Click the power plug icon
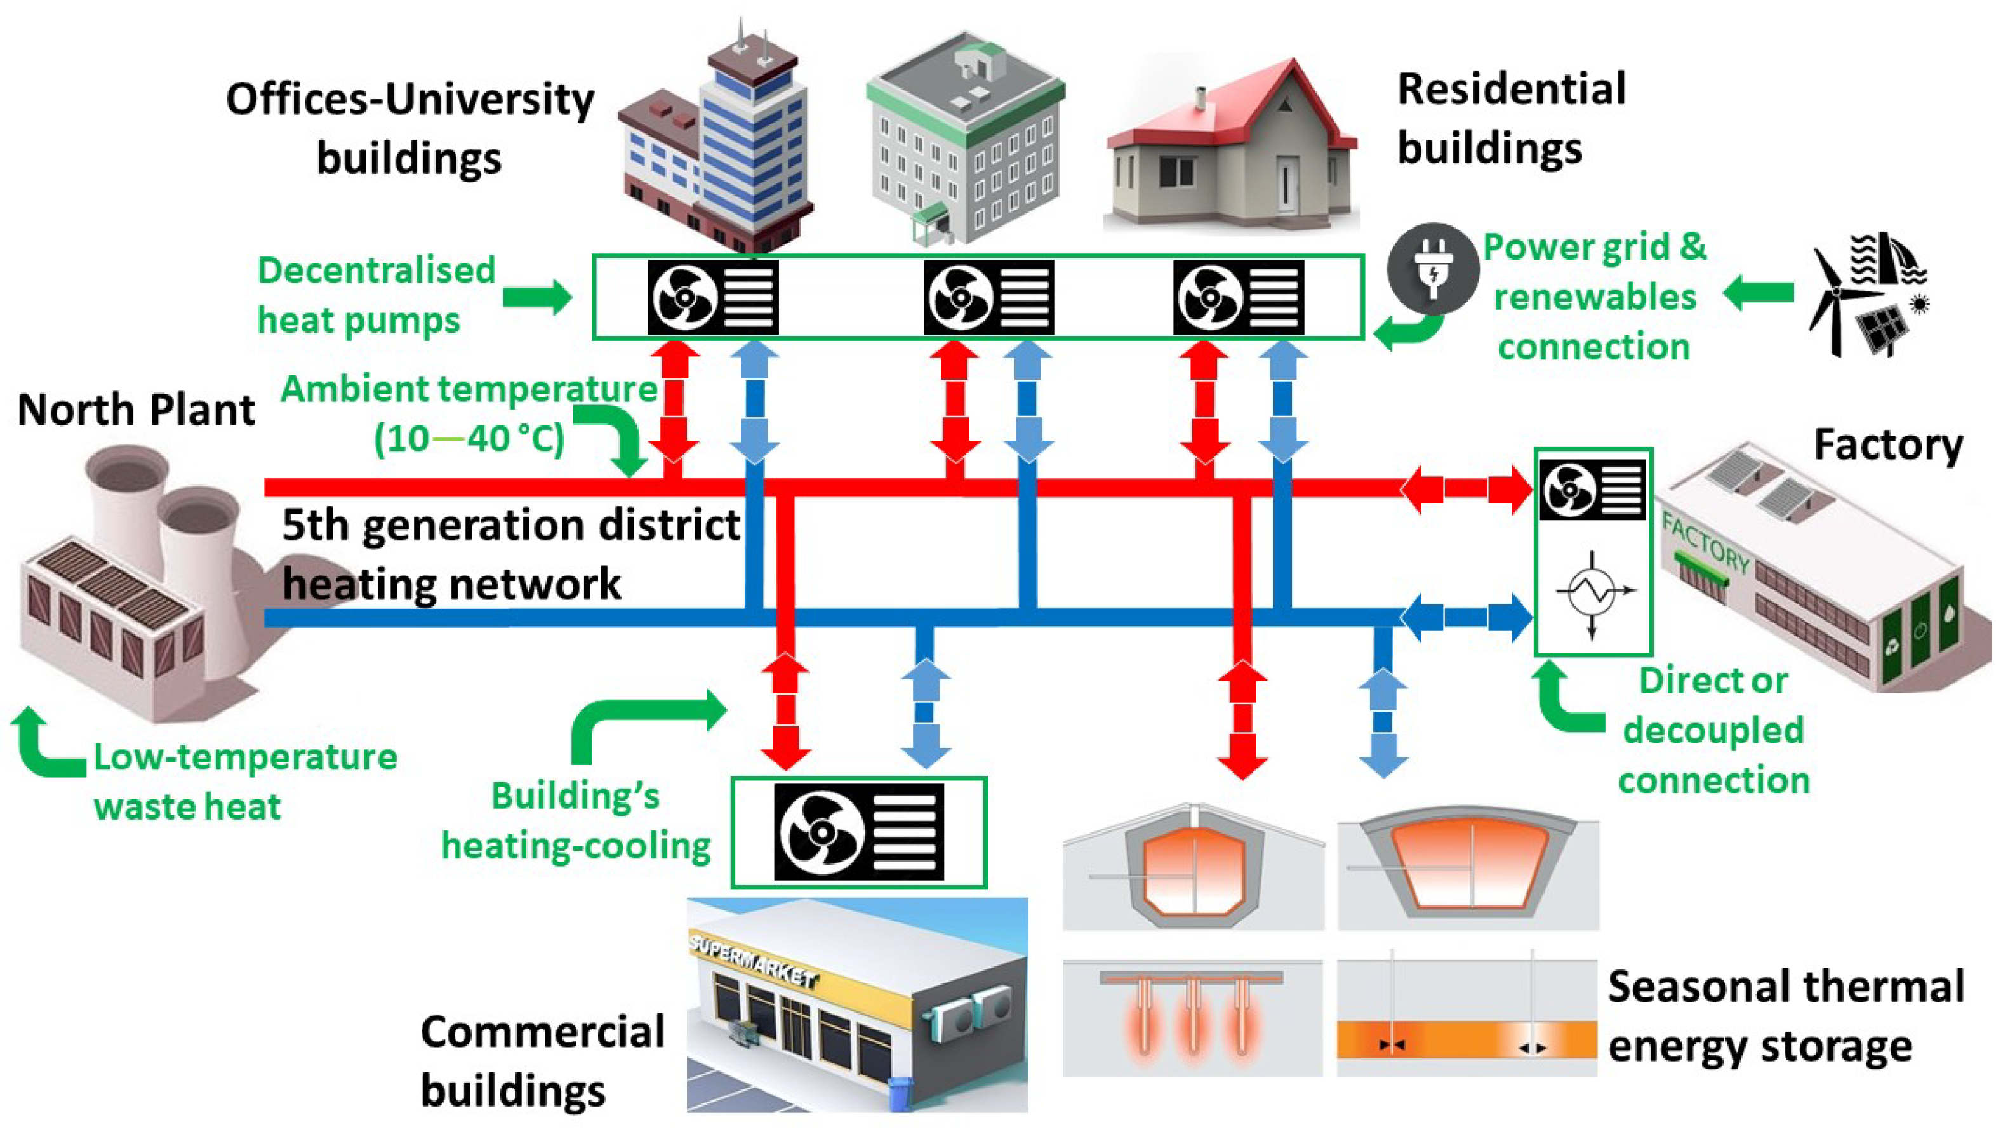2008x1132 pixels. [1433, 269]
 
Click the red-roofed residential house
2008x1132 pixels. [1232, 148]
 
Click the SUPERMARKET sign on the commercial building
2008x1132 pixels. [752, 961]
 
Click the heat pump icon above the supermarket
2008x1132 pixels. [858, 832]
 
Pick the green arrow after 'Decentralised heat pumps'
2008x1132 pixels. [537, 297]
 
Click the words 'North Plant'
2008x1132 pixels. [136, 410]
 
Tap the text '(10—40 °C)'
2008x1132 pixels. [469, 439]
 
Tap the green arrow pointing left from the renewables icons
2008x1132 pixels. [1759, 293]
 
